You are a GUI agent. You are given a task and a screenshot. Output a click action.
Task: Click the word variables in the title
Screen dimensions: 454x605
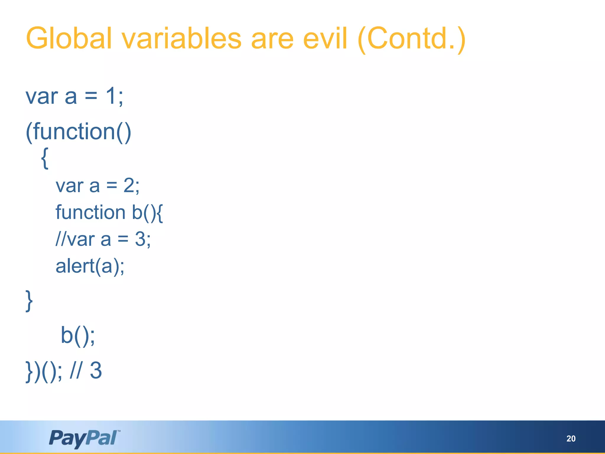181,38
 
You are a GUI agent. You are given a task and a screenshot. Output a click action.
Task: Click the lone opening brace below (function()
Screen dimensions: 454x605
45,158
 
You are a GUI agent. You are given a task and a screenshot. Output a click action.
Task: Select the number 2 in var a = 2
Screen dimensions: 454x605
129,186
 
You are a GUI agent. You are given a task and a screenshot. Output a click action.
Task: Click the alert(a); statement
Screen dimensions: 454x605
90,266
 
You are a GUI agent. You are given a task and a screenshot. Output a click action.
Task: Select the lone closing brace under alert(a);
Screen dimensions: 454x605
29,301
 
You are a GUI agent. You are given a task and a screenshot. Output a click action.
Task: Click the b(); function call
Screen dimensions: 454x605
78,335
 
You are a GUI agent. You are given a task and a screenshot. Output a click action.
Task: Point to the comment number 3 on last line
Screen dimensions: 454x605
96,370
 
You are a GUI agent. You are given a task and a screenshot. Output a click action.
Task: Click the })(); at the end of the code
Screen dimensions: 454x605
44,371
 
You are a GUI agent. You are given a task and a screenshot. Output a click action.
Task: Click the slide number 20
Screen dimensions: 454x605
571,439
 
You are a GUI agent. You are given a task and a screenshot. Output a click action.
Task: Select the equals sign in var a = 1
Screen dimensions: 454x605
91,96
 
